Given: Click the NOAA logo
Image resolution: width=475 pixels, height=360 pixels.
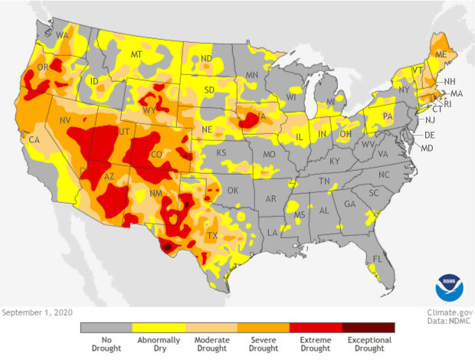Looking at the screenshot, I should (450, 286).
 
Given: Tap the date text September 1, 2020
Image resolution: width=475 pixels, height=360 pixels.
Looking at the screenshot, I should (36, 313).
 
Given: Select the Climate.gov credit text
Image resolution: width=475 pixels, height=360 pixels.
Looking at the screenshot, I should (447, 313).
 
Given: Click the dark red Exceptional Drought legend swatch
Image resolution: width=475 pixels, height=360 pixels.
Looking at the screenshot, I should (369, 327).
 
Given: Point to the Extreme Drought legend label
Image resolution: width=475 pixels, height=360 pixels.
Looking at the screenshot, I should (316, 344).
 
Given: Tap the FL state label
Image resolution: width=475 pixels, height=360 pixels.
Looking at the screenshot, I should (377, 259).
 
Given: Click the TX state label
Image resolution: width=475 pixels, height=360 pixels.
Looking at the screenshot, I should (212, 236).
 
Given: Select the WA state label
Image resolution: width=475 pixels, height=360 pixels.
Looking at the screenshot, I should (62, 36).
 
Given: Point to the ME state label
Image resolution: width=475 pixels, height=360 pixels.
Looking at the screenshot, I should (441, 56).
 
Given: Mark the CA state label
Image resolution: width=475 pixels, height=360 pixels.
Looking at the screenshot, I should (34, 140).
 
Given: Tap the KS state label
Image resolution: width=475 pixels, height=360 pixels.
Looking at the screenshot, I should (221, 153).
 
